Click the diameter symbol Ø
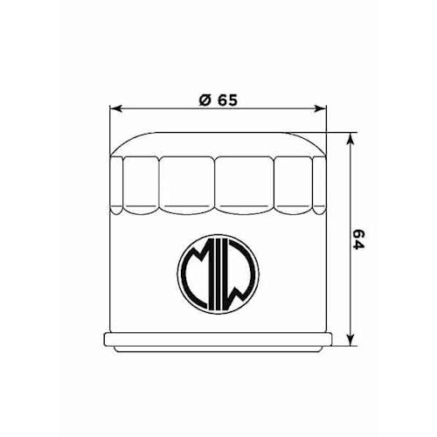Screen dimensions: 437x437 [202, 100]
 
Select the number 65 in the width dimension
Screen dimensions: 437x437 [227, 100]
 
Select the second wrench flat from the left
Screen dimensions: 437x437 [142, 184]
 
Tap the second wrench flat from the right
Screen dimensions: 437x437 [294, 184]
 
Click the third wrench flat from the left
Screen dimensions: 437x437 [187, 184]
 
